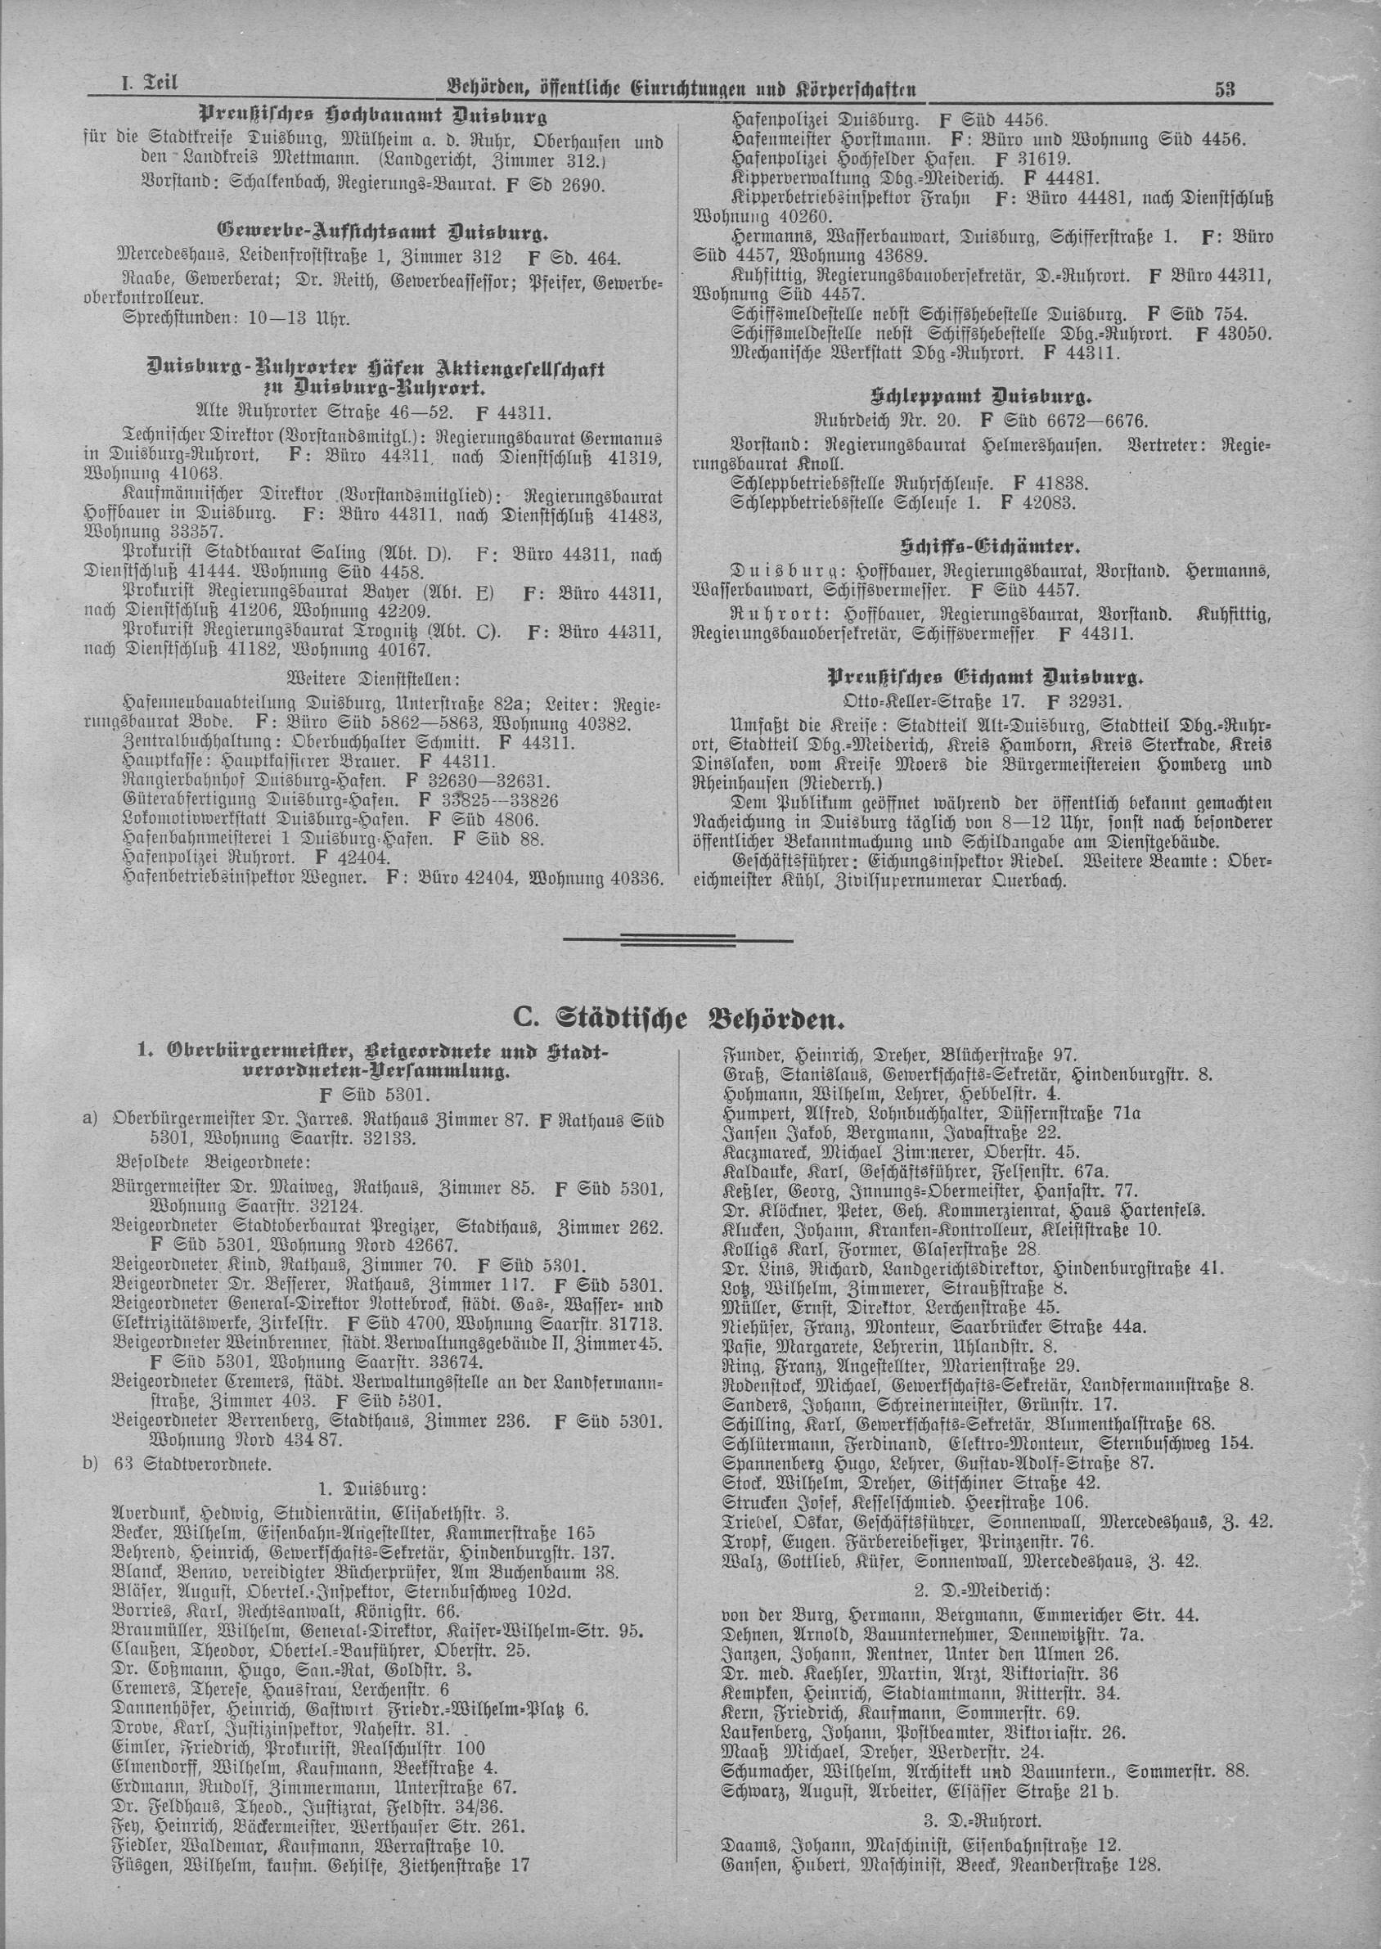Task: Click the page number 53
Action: click(1225, 90)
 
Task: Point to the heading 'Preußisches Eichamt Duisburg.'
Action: click(986, 678)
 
